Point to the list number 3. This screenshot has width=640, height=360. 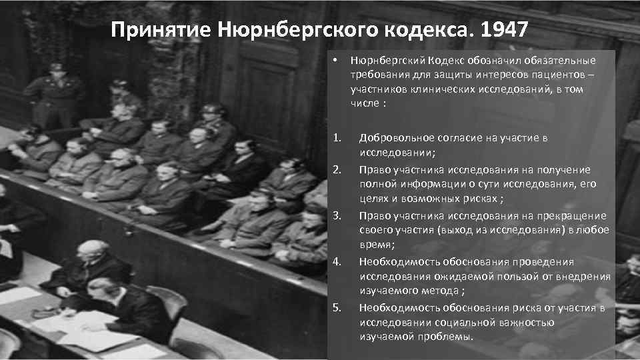(x=337, y=215)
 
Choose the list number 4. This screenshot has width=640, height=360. (x=337, y=261)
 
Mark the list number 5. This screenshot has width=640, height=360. (x=337, y=307)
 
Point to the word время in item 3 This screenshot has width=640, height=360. (x=376, y=245)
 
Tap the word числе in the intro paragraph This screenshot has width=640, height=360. (x=364, y=105)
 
